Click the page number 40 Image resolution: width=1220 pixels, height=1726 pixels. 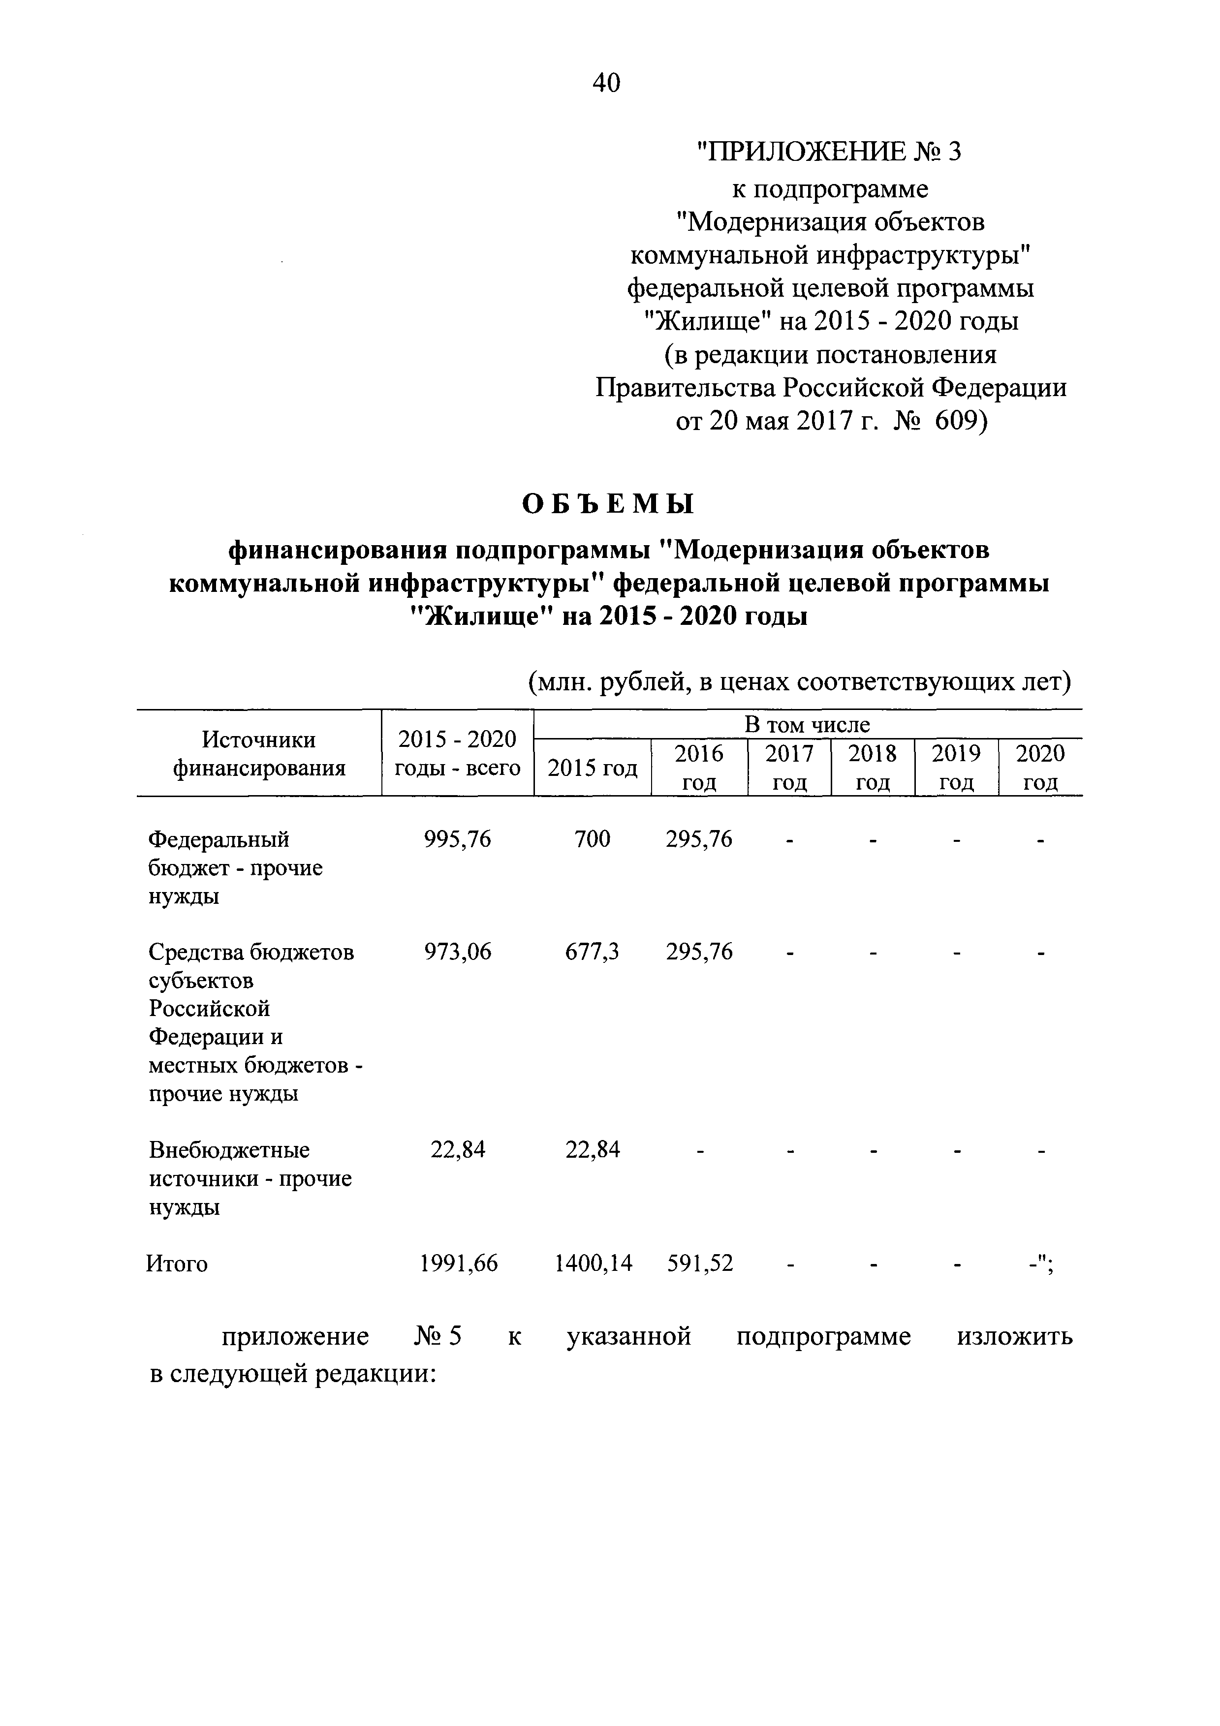(x=607, y=83)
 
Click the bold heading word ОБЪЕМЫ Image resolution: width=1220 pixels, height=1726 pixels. (x=608, y=504)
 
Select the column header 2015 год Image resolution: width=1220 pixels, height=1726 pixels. (x=593, y=768)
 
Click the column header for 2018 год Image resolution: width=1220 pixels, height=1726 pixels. (x=873, y=768)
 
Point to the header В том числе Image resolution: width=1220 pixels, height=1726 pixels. (x=807, y=725)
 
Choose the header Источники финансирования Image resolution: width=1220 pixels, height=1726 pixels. (x=259, y=754)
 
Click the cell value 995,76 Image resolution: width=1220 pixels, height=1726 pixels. (x=458, y=839)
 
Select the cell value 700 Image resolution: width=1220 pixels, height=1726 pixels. (x=593, y=839)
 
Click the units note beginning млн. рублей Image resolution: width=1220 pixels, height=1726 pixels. (x=798, y=682)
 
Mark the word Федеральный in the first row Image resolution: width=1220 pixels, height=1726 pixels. (x=219, y=839)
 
